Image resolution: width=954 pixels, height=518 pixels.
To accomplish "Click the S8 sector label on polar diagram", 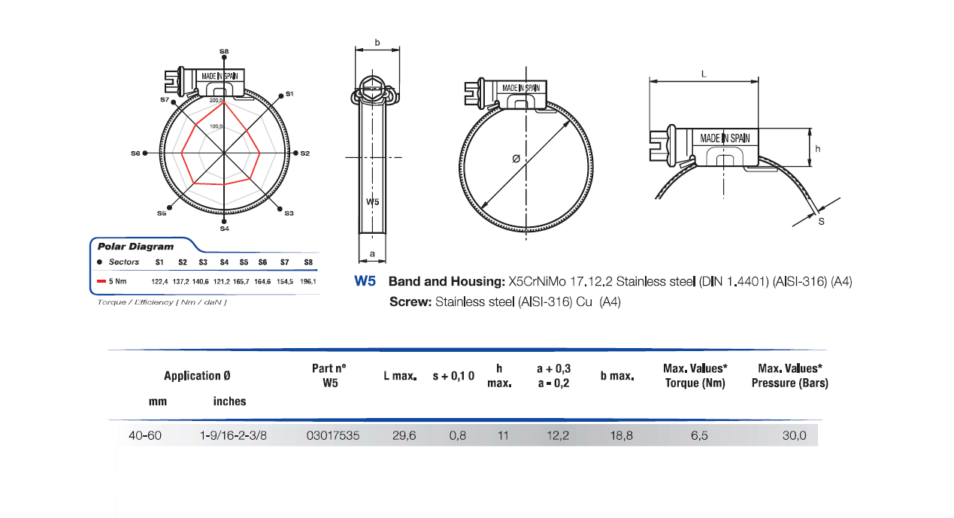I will (224, 51).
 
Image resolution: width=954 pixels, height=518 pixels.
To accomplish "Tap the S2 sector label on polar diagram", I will (304, 153).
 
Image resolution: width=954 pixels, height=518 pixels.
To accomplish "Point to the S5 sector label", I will (162, 214).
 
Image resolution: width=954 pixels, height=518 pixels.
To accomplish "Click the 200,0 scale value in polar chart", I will (216, 100).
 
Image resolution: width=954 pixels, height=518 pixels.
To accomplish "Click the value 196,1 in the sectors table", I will (308, 281).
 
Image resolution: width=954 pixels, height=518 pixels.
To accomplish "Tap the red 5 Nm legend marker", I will (101, 281).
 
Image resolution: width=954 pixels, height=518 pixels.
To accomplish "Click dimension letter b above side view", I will (377, 43).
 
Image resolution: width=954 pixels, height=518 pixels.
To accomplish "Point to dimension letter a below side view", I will (372, 256).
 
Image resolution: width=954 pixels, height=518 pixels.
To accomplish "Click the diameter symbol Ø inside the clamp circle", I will (515, 159).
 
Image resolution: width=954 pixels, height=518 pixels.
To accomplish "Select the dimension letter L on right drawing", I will (704, 74).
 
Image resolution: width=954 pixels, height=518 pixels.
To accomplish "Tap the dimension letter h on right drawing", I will (817, 149).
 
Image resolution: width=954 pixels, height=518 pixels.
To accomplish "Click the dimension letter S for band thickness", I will (821, 222).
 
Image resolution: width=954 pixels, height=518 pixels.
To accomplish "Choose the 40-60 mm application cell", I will (144, 436).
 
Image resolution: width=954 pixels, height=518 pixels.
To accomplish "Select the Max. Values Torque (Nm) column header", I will (695, 375).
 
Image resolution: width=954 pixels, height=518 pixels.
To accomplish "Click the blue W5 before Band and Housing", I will (365, 282).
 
